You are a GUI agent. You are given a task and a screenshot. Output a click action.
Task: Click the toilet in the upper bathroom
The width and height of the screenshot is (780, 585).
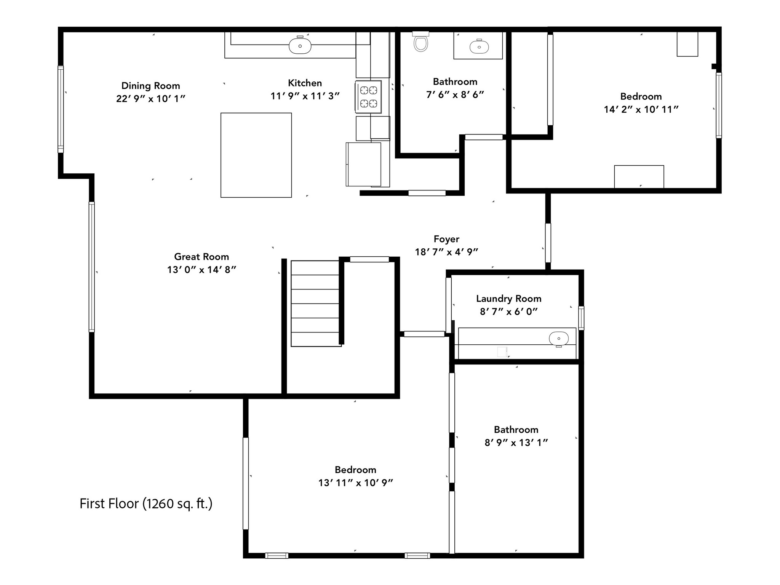tap(420, 42)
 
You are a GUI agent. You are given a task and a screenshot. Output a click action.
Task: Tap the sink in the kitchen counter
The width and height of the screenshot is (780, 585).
tap(300, 46)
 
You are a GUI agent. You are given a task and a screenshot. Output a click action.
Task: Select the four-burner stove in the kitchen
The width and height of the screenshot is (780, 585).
tap(368, 97)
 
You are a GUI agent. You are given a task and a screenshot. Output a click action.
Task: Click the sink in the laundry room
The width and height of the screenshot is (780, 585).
tap(559, 339)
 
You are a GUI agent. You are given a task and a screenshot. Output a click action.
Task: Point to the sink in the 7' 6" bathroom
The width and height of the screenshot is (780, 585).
tap(479, 47)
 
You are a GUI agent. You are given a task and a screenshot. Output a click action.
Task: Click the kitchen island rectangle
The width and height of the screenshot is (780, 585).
tap(256, 155)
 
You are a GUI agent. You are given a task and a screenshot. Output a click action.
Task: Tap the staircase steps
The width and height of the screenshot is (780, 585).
tap(315, 304)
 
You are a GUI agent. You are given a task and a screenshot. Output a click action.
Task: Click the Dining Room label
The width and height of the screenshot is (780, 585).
tap(151, 86)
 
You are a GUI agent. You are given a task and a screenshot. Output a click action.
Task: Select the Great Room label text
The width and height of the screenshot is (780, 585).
tap(201, 257)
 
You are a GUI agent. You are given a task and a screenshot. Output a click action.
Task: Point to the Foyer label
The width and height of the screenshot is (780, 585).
tap(446, 239)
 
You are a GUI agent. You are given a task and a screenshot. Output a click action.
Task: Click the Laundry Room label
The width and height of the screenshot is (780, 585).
tap(509, 299)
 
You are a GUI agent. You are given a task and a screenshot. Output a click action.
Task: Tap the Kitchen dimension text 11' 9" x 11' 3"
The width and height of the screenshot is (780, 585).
tap(305, 96)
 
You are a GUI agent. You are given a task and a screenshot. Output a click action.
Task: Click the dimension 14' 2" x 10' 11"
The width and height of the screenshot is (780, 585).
tap(641, 109)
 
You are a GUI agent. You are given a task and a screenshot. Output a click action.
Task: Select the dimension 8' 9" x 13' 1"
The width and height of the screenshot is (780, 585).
tap(516, 443)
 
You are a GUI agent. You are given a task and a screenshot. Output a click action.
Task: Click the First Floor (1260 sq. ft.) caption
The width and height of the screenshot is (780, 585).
tap(146, 503)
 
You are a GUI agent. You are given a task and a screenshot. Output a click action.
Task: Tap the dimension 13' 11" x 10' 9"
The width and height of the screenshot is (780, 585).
tap(356, 483)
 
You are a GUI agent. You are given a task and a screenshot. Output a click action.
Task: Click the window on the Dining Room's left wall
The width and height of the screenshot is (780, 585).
tap(61, 109)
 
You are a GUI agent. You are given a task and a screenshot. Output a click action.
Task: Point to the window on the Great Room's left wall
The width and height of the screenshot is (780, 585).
tap(91, 267)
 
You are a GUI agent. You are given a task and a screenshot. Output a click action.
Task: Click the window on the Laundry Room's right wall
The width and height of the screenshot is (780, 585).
tap(581, 318)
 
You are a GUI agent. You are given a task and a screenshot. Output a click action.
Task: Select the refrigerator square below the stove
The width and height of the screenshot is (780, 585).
tap(363, 165)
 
